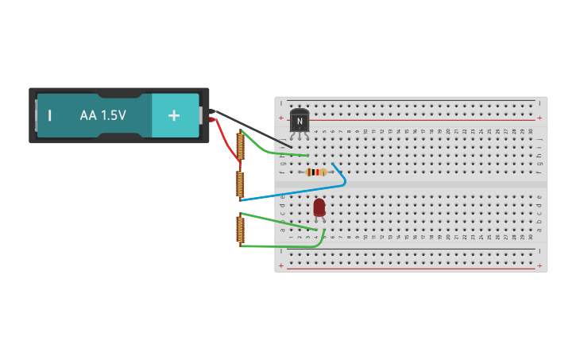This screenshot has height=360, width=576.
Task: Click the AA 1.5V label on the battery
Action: pos(102,115)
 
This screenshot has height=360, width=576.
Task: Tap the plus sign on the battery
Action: pos(174,115)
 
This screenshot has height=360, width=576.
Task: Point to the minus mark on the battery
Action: pos(50,115)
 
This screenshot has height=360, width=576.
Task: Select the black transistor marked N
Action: pos(300,121)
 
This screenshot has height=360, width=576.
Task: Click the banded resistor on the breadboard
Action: pos(316,172)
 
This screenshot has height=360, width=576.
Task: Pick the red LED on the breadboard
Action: pos(319,207)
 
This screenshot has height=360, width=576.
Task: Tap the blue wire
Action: pos(294,191)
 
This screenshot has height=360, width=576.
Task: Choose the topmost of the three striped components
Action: pos(240,146)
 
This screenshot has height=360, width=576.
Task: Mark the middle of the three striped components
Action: pos(240,184)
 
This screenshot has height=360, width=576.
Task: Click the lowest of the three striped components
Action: pos(240,229)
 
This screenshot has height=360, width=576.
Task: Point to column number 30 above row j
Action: pos(531,131)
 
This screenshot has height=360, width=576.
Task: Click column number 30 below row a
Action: pos(531,237)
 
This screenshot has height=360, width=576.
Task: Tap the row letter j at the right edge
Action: pos(539,138)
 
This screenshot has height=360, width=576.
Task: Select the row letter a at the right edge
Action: pos(539,230)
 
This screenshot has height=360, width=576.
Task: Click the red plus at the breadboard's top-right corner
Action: pos(539,118)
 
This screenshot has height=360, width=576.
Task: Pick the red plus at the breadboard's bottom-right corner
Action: pos(539,265)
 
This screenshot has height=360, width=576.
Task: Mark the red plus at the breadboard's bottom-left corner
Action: pos(281,265)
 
